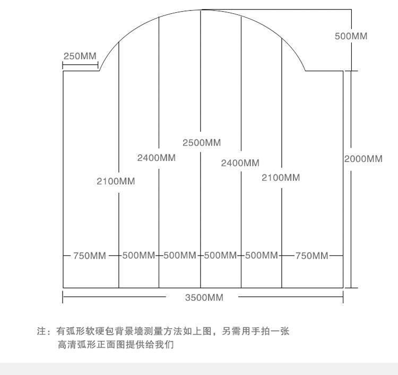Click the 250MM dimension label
coord(80,56)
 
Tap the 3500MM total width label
coord(204,297)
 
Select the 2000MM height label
coord(363,159)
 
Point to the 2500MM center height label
coord(202,143)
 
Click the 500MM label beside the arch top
coord(351,36)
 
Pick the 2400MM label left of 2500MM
coord(157,158)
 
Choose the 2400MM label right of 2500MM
coord(240,163)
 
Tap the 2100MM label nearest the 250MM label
coord(116,182)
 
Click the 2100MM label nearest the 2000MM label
coord(281,178)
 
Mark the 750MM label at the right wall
coord(312,255)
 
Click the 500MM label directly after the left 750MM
coord(139,255)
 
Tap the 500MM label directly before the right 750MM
coord(262,255)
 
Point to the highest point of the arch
coord(201,10)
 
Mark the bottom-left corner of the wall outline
coord(63,288)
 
